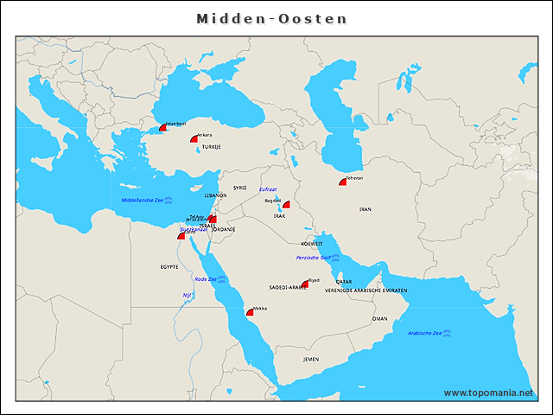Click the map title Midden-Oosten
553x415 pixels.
[x=271, y=18]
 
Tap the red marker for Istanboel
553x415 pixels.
[x=162, y=127]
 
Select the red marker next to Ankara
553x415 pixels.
[x=194, y=138]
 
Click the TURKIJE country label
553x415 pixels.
[x=212, y=148]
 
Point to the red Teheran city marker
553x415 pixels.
[x=343, y=182]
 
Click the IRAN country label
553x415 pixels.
[x=365, y=209]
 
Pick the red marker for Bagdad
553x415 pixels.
[x=286, y=206]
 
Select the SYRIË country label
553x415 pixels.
[x=240, y=187]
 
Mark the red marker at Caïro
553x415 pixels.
[x=181, y=235]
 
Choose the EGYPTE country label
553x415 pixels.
[x=169, y=267]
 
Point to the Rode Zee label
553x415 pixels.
[x=206, y=279]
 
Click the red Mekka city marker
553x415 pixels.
[x=250, y=312]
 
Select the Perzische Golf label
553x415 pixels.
[x=313, y=258]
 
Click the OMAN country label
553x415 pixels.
[x=379, y=318]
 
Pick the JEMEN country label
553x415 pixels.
[x=311, y=358]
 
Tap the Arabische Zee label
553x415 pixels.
[x=424, y=333]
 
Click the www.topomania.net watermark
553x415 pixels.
[x=488, y=393]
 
